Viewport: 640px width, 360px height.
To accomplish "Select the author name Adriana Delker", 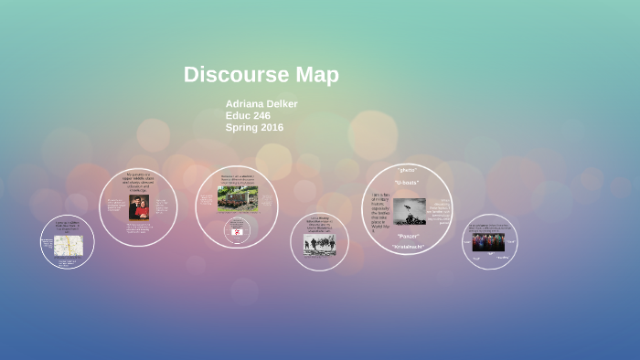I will pyautogui.click(x=261, y=104).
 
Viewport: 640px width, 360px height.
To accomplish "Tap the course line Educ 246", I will pyautogui.click(x=248, y=116).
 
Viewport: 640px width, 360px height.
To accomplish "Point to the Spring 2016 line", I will pyautogui.click(x=254, y=128).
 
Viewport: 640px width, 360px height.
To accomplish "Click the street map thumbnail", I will pyautogui.click(x=68, y=245).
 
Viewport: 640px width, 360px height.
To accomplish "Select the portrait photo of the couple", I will pyautogui.click(x=138, y=207).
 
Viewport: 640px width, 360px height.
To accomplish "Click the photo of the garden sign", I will pyautogui.click(x=237, y=198).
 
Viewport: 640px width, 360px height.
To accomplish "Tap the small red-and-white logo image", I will pyautogui.click(x=237, y=232).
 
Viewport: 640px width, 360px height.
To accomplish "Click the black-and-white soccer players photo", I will pyautogui.click(x=319, y=244).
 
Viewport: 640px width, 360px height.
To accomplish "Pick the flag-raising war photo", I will pyautogui.click(x=409, y=211).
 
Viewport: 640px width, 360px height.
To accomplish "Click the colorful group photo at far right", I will pyautogui.click(x=488, y=242).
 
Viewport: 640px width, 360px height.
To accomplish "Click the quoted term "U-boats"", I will pyautogui.click(x=406, y=182).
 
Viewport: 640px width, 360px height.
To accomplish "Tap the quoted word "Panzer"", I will pyautogui.click(x=408, y=236).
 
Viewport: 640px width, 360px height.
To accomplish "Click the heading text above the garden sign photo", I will pyautogui.click(x=237, y=178).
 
